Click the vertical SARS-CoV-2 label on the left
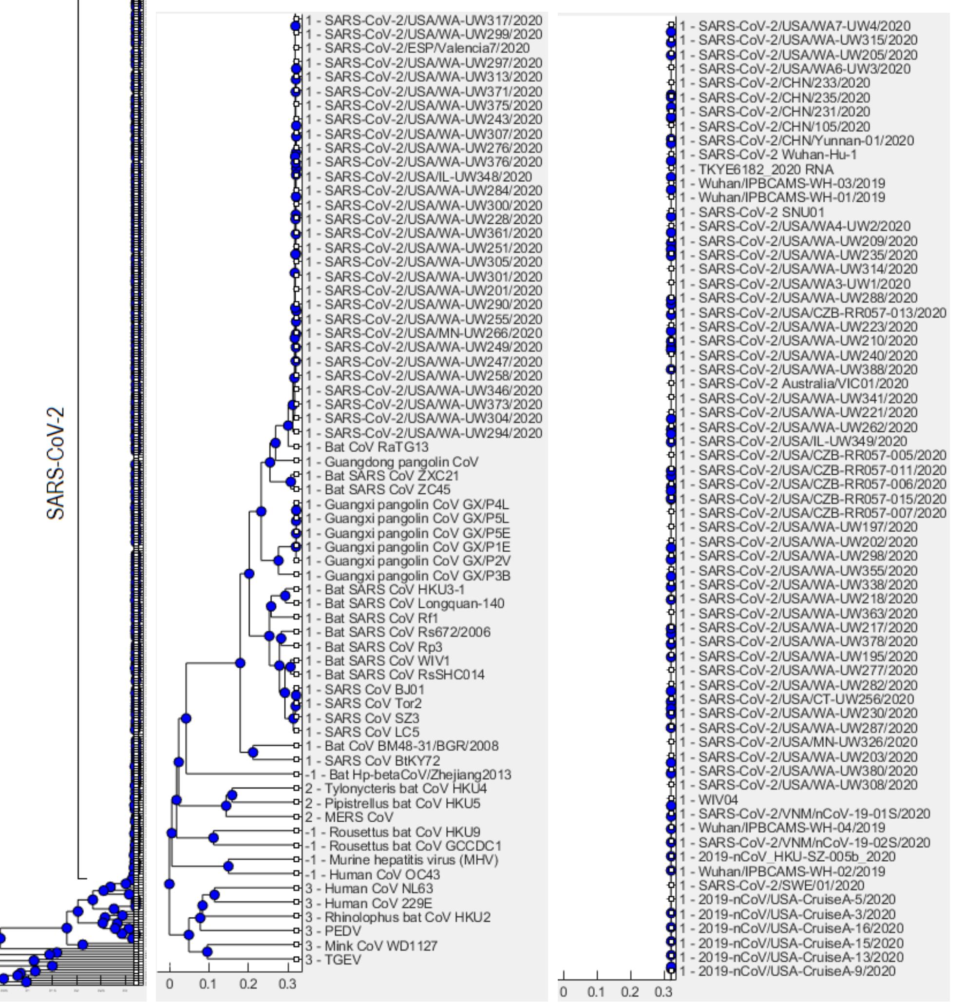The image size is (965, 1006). (56, 464)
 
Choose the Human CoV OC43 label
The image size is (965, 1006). (384, 874)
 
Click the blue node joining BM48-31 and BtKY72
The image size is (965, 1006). (252, 753)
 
